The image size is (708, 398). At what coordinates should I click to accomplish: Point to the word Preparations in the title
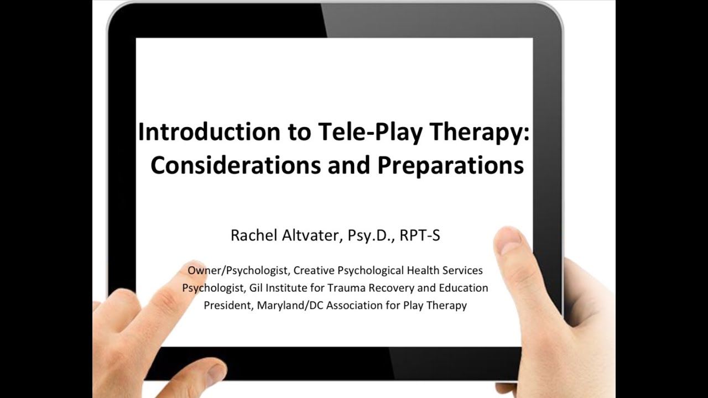[x=450, y=165]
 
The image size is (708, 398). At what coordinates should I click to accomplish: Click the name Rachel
[x=252, y=235]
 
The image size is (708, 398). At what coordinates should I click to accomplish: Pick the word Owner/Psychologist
[x=238, y=271]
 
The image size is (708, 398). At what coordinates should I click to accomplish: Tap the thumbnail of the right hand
[x=508, y=241]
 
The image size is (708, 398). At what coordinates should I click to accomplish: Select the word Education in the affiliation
[x=464, y=288]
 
